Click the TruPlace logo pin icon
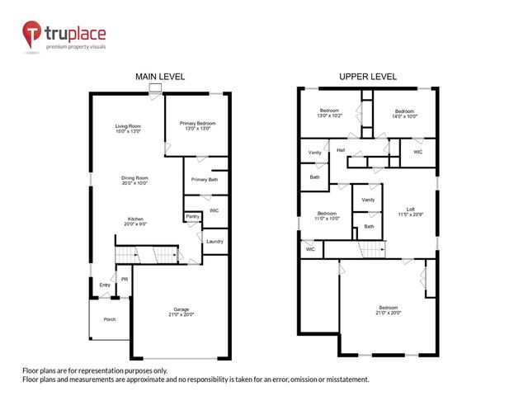32,35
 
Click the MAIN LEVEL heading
160,76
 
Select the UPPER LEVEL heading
367,76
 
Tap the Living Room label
128,128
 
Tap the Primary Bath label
204,180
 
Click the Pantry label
192,216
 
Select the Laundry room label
214,241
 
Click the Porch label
109,319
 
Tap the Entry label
105,285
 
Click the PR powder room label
125,280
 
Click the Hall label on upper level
341,150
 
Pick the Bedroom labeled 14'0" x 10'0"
404,113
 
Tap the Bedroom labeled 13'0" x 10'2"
330,113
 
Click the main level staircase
147,256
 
